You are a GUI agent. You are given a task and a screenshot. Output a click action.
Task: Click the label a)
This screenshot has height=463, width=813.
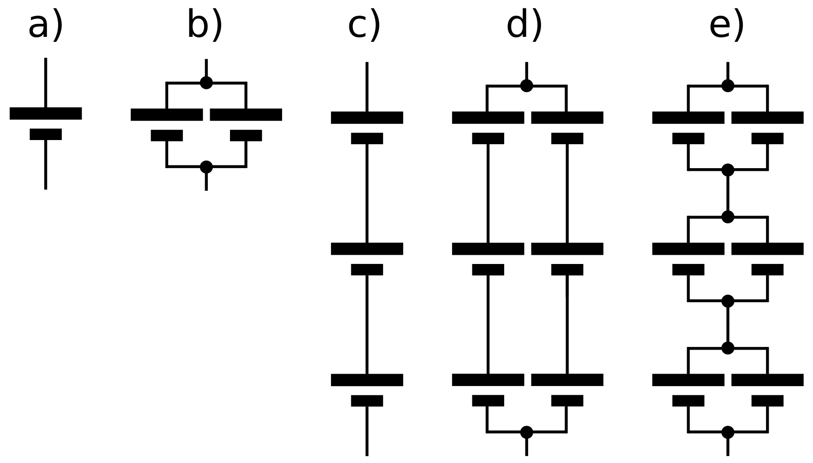45,26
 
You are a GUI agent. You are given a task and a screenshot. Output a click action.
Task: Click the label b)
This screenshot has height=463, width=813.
205,26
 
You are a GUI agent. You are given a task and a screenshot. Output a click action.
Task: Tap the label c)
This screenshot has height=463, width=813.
364,26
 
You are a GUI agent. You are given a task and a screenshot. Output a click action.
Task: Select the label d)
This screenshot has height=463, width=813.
524,26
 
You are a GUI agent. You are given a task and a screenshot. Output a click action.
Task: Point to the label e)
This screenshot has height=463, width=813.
727,26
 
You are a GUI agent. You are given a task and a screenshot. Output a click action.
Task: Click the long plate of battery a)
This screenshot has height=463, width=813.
46,113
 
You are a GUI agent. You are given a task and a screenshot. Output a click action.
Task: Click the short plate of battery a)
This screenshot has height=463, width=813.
46,134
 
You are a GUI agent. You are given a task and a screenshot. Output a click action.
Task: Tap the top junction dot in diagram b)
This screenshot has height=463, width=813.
206,83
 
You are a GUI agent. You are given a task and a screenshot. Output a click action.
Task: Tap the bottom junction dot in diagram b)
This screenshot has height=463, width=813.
206,167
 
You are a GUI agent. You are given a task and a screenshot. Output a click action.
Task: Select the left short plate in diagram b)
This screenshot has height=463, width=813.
167,135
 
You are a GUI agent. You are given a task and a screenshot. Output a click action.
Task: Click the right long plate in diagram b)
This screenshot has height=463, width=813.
246,115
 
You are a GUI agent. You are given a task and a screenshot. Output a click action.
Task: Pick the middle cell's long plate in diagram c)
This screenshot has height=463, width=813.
367,249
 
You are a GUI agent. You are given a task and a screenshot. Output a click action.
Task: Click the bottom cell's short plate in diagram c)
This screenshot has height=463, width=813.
367,401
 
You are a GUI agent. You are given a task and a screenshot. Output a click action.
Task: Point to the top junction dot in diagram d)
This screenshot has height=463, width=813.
526,86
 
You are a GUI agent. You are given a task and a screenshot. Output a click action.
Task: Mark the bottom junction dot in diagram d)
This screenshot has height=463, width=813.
526,432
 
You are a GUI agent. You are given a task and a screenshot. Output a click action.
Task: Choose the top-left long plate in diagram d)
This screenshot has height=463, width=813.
488,117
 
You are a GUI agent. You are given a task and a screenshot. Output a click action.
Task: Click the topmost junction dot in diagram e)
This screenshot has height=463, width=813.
727,86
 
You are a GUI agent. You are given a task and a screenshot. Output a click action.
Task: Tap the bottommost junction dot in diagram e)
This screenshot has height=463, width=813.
727,432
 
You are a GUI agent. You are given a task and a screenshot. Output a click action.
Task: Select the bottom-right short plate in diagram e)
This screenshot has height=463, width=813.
767,401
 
